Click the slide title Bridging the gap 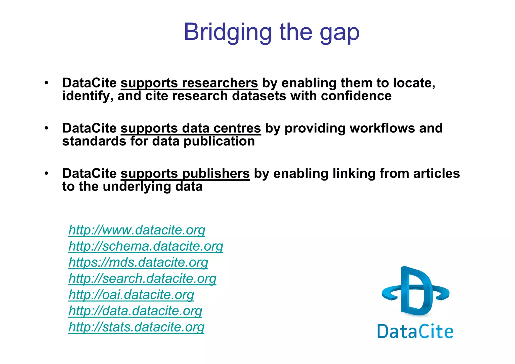click(272, 32)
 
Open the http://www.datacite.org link click(137, 230)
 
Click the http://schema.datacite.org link click(146, 246)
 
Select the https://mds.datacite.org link click(138, 262)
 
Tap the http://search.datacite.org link click(142, 279)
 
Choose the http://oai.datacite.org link click(131, 295)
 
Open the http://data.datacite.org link click(135, 311)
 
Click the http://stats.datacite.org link click(136, 327)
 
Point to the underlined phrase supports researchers click(189, 83)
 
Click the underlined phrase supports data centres click(191, 128)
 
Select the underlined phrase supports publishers click(185, 174)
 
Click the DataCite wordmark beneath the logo click(415, 331)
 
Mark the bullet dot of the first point click(46, 83)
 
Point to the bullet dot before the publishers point click(46, 173)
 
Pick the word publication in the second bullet click(219, 141)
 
